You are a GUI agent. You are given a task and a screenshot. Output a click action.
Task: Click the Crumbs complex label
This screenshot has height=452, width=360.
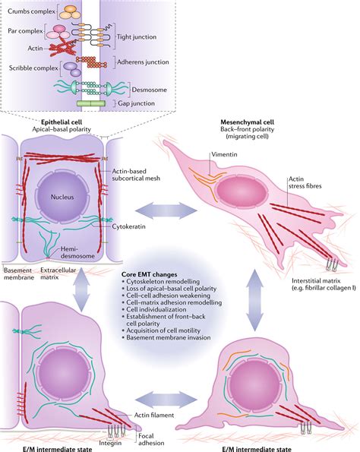tap(31, 11)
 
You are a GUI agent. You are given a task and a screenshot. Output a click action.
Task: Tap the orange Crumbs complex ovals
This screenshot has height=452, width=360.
tap(70, 12)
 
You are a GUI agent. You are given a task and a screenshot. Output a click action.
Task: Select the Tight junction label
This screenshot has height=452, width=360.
tap(137, 37)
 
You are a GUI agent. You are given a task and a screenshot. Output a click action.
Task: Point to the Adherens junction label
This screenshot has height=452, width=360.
tap(143, 62)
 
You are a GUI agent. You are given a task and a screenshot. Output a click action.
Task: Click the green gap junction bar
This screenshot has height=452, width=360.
tap(91, 103)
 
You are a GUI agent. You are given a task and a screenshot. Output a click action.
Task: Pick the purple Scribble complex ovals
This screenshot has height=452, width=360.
tap(72, 69)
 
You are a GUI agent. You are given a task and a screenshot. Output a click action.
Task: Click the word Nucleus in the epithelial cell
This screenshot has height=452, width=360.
tap(62, 198)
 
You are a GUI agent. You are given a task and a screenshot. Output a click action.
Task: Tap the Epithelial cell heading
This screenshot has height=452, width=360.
tap(62, 122)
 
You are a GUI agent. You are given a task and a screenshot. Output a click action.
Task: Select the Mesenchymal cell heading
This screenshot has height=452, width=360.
tap(248, 122)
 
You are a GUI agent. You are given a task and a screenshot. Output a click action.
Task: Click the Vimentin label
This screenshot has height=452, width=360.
tap(224, 154)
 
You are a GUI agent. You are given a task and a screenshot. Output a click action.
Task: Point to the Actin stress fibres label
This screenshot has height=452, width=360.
tap(305, 182)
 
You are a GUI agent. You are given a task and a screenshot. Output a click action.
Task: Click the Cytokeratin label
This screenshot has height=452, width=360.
tap(128, 226)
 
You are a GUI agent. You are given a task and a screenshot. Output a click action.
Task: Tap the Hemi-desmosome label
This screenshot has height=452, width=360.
tap(77, 252)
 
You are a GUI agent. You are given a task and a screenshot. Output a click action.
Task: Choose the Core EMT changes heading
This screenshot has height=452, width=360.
tap(150, 275)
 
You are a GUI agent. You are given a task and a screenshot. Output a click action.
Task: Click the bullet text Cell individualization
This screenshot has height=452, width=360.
tap(156, 310)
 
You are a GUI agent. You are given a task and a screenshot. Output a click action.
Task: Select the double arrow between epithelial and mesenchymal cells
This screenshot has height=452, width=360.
tap(166, 210)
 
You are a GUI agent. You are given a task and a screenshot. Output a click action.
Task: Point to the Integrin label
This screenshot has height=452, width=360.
tap(110, 443)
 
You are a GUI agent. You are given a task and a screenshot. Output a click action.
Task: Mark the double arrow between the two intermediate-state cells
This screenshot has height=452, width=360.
tap(166, 400)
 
